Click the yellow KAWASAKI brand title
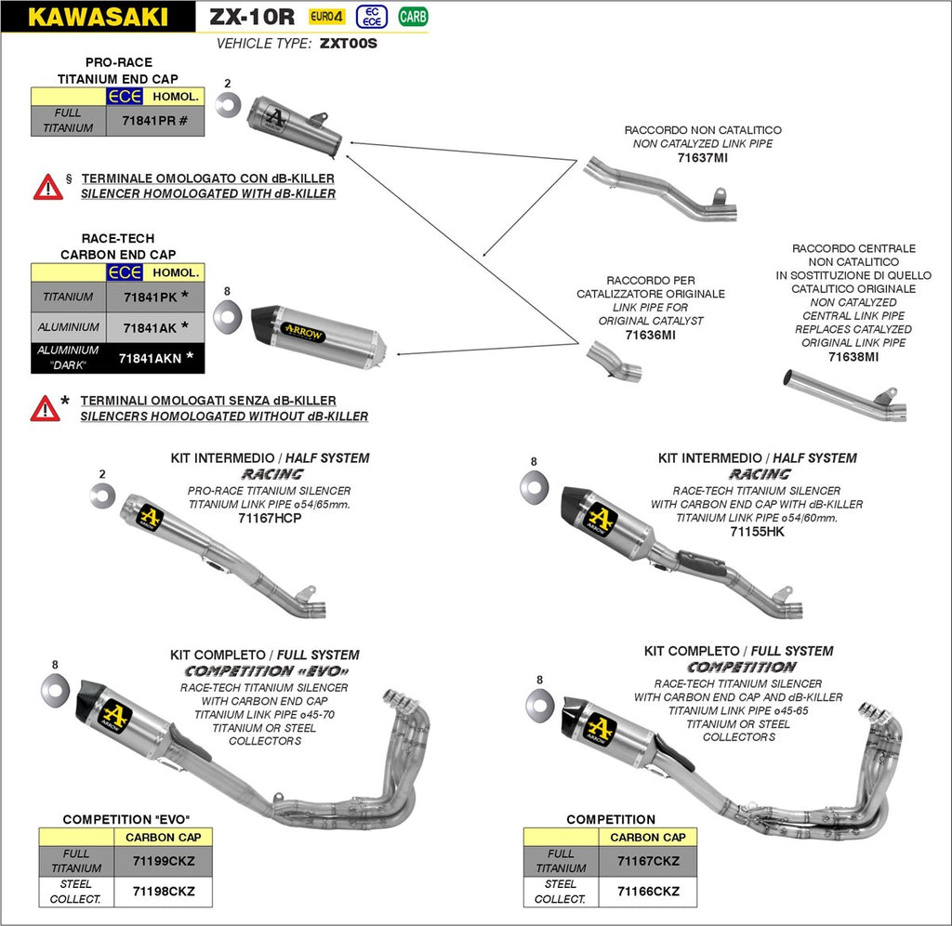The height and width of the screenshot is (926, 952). (99, 16)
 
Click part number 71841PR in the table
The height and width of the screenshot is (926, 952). (155, 121)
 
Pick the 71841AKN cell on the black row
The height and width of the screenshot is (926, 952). (155, 357)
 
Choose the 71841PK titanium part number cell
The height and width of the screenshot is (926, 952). (155, 297)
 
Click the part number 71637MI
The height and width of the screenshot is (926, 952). (703, 158)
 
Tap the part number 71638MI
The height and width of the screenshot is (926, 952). (853, 356)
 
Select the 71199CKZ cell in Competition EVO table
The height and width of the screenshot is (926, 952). (163, 861)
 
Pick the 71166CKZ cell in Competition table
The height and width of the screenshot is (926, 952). (648, 892)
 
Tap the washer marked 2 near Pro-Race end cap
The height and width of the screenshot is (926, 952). (227, 105)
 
